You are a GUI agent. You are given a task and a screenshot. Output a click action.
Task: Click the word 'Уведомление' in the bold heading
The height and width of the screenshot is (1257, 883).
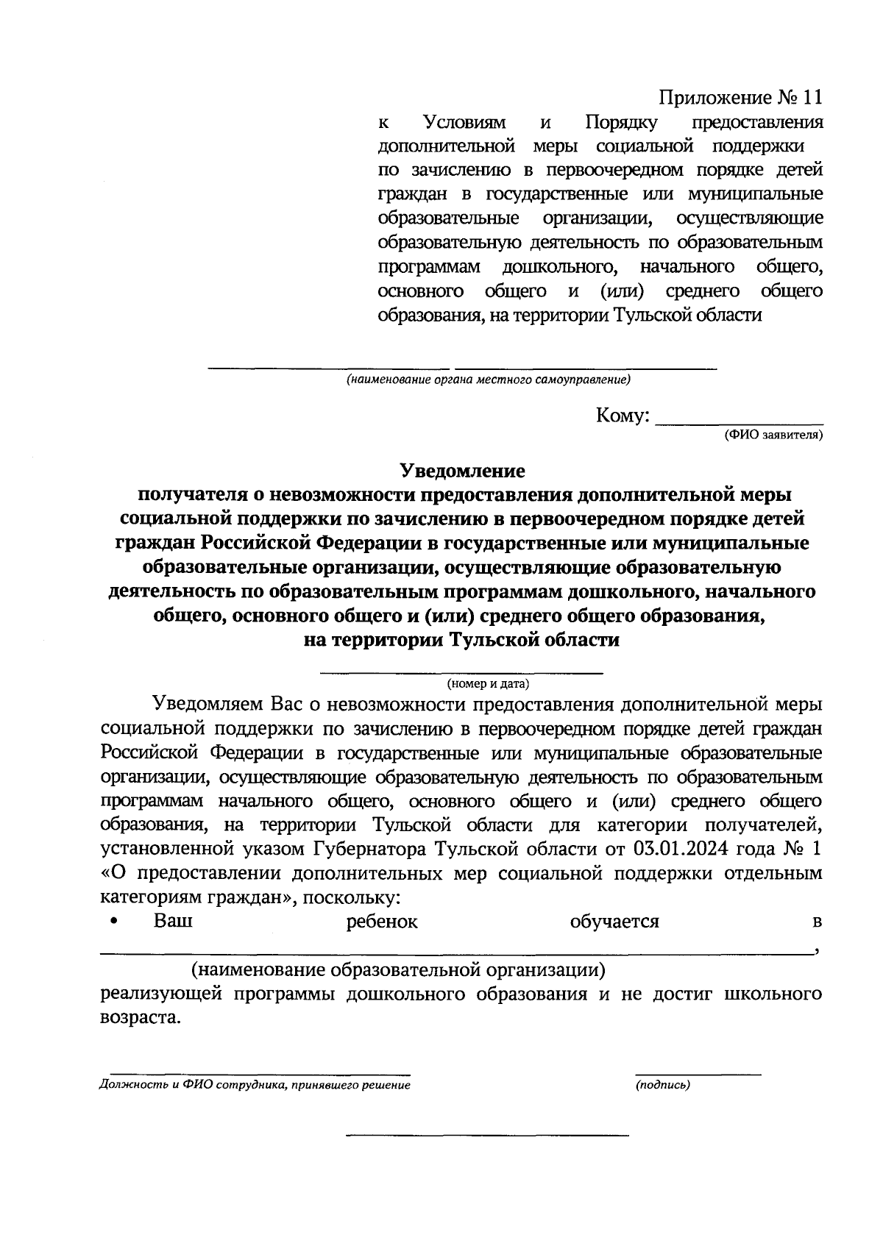[x=462, y=471]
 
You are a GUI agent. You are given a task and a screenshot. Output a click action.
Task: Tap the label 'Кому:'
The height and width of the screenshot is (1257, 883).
[x=623, y=416]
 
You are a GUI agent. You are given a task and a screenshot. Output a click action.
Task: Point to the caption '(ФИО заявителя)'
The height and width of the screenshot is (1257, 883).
[x=773, y=435]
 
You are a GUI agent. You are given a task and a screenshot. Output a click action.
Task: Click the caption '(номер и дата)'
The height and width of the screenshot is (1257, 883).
[x=488, y=684]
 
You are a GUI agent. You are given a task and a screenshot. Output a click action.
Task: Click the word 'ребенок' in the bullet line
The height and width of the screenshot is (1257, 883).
[x=381, y=922]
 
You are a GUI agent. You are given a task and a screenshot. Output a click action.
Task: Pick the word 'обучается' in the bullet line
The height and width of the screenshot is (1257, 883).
[x=614, y=922]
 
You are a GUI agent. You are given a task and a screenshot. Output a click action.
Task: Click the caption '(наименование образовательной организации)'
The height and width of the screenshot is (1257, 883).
[x=398, y=970]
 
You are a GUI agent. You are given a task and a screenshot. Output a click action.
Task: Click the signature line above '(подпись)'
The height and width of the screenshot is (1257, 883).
[x=698, y=1075]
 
